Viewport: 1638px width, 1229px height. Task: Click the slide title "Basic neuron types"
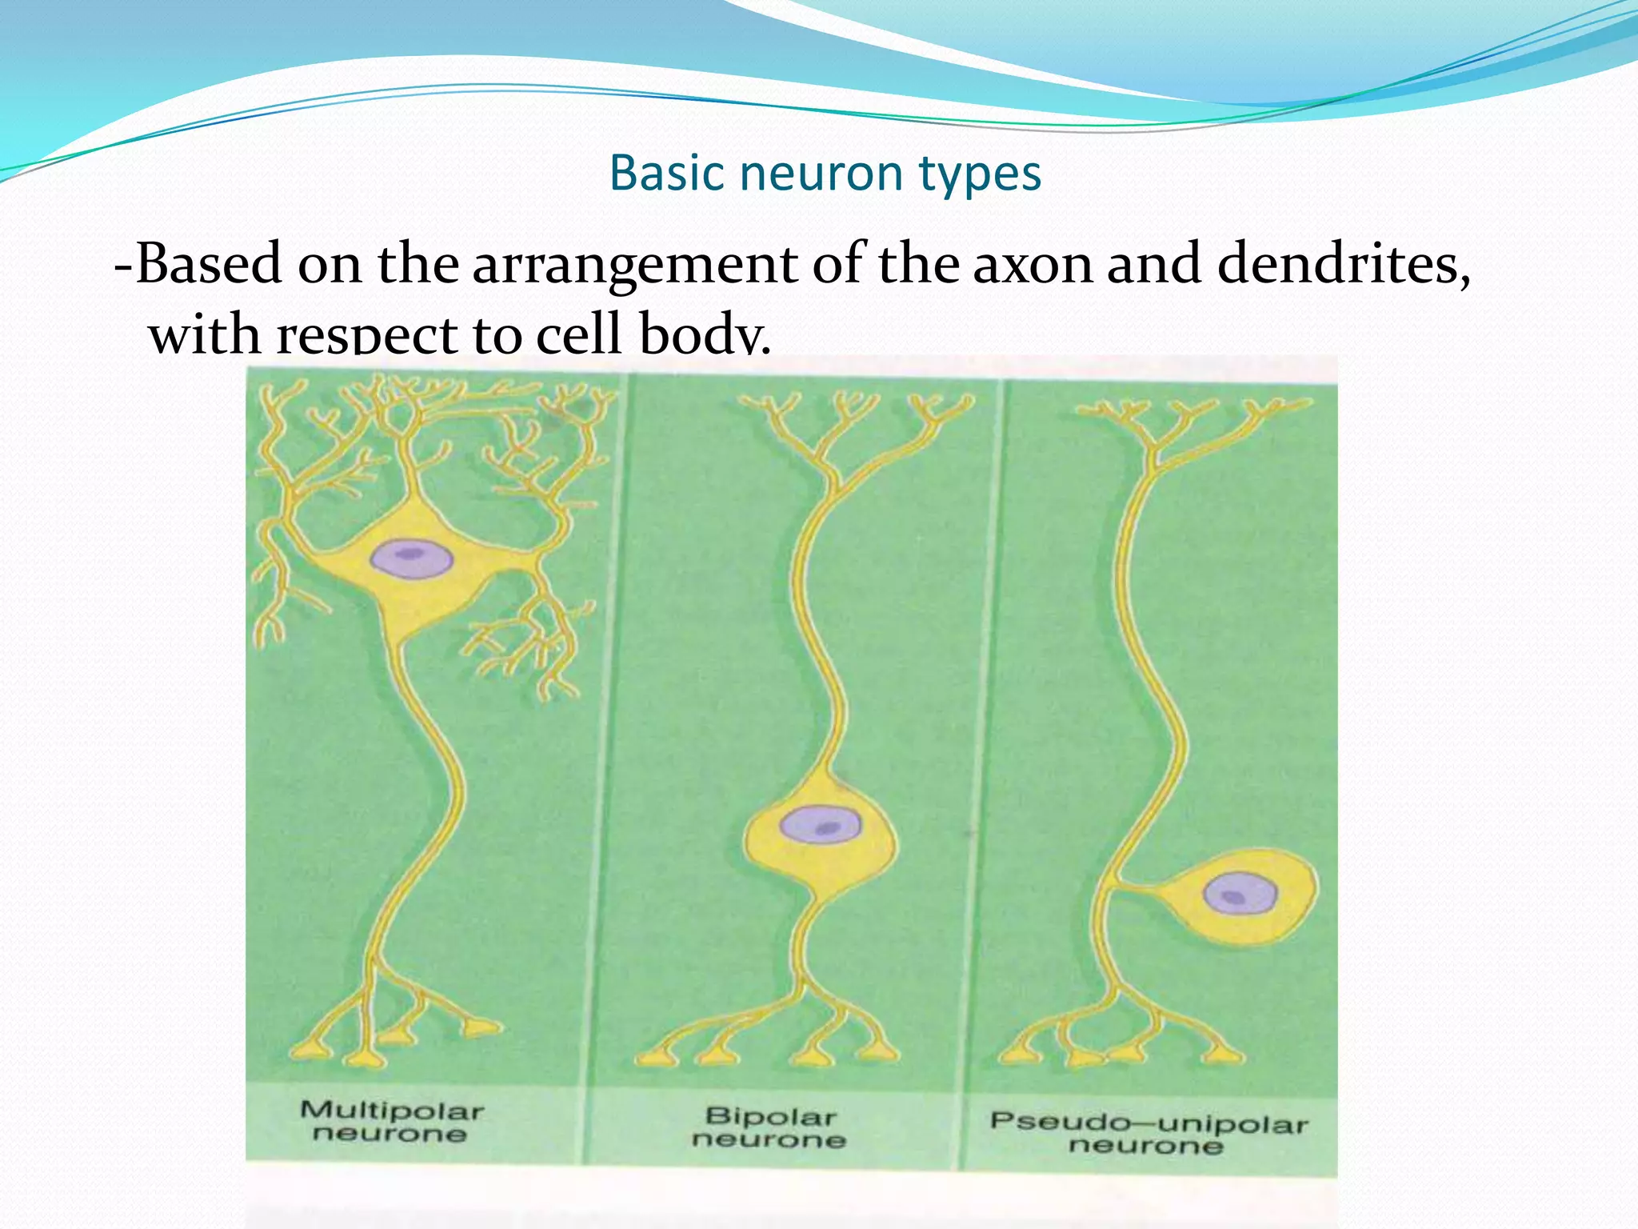tap(825, 172)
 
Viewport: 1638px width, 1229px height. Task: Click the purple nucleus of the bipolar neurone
tap(821, 825)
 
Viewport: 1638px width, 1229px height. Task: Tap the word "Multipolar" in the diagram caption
tap(392, 1111)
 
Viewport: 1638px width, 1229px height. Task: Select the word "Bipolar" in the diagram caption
tap(771, 1116)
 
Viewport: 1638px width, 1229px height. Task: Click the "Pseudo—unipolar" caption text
tap(1149, 1122)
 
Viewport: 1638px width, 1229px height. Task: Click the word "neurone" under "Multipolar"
tap(390, 1134)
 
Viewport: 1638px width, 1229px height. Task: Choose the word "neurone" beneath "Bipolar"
tap(769, 1139)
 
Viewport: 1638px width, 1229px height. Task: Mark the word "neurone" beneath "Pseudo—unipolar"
tap(1146, 1146)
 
